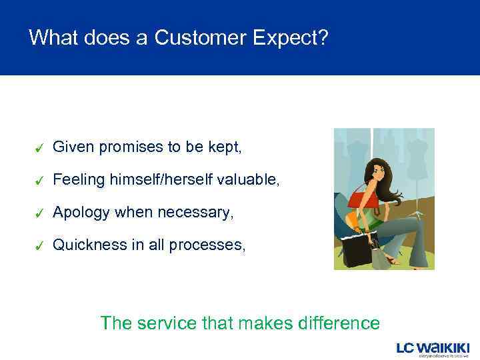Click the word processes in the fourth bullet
(x=207, y=245)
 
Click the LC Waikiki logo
(x=433, y=349)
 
